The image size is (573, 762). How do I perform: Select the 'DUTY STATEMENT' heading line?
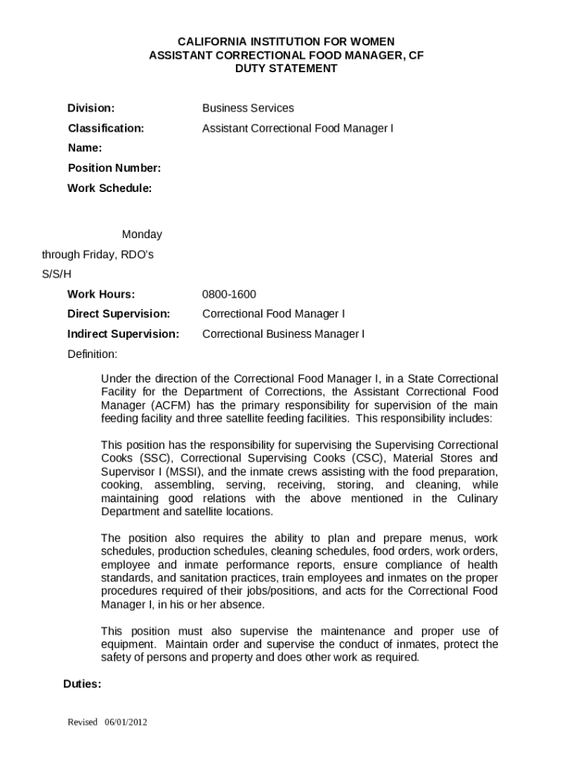pos(286,68)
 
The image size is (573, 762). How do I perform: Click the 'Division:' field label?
pos(91,108)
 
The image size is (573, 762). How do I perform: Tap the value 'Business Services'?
pos(248,108)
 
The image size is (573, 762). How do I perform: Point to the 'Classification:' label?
pos(106,128)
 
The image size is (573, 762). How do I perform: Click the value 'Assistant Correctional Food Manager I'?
pos(298,128)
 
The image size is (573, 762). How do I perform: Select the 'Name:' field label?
pos(85,148)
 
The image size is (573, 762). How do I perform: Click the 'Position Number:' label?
pos(114,168)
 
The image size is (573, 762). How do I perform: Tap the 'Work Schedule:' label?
pos(109,188)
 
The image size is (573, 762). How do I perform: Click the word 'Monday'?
pos(142,234)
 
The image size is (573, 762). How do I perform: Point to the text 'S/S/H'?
pos(57,275)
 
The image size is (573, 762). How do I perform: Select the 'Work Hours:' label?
pos(101,294)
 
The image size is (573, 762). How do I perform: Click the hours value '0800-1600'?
pos(229,294)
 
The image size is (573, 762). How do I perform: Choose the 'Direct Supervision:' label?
pos(119,314)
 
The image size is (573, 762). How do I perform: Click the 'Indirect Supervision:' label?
pos(124,334)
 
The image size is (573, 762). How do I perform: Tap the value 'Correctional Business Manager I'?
pos(284,334)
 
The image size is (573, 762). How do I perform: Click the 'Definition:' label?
pos(92,353)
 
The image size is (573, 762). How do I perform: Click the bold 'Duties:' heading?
pos(82,684)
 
